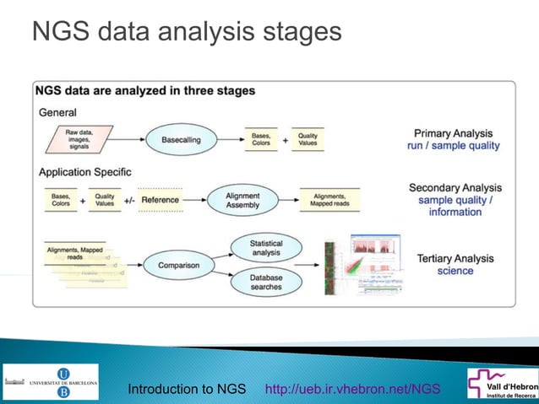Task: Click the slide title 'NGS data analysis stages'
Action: pyautogui.click(x=186, y=32)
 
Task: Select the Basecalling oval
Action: pyautogui.click(x=182, y=139)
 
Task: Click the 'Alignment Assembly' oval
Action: pyautogui.click(x=242, y=201)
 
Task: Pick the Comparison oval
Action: pyautogui.click(x=178, y=266)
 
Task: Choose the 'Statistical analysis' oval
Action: pyautogui.click(x=266, y=248)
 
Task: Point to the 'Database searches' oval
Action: pyautogui.click(x=266, y=283)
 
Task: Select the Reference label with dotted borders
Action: pyautogui.click(x=160, y=201)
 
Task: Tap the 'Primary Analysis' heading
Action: pyautogui.click(x=453, y=133)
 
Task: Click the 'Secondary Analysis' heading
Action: pyautogui.click(x=455, y=187)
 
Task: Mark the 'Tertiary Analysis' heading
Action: pyautogui.click(x=455, y=257)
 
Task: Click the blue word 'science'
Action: pyautogui.click(x=455, y=271)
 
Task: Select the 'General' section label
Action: pyautogui.click(x=57, y=112)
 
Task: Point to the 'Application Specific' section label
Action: pyautogui.click(x=85, y=172)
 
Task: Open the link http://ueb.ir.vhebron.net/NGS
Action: pyautogui.click(x=352, y=389)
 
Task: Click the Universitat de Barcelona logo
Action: pyautogui.click(x=51, y=382)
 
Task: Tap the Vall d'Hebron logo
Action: pyautogui.click(x=503, y=382)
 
